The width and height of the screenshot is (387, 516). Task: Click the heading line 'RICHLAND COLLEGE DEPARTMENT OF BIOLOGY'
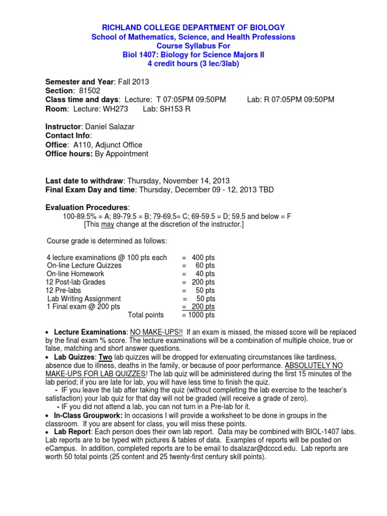(x=193, y=27)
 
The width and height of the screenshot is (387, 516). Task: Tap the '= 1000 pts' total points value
(x=198, y=315)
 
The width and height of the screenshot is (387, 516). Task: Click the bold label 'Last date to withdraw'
(x=84, y=180)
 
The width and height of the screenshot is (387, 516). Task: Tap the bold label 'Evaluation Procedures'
(x=87, y=208)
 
